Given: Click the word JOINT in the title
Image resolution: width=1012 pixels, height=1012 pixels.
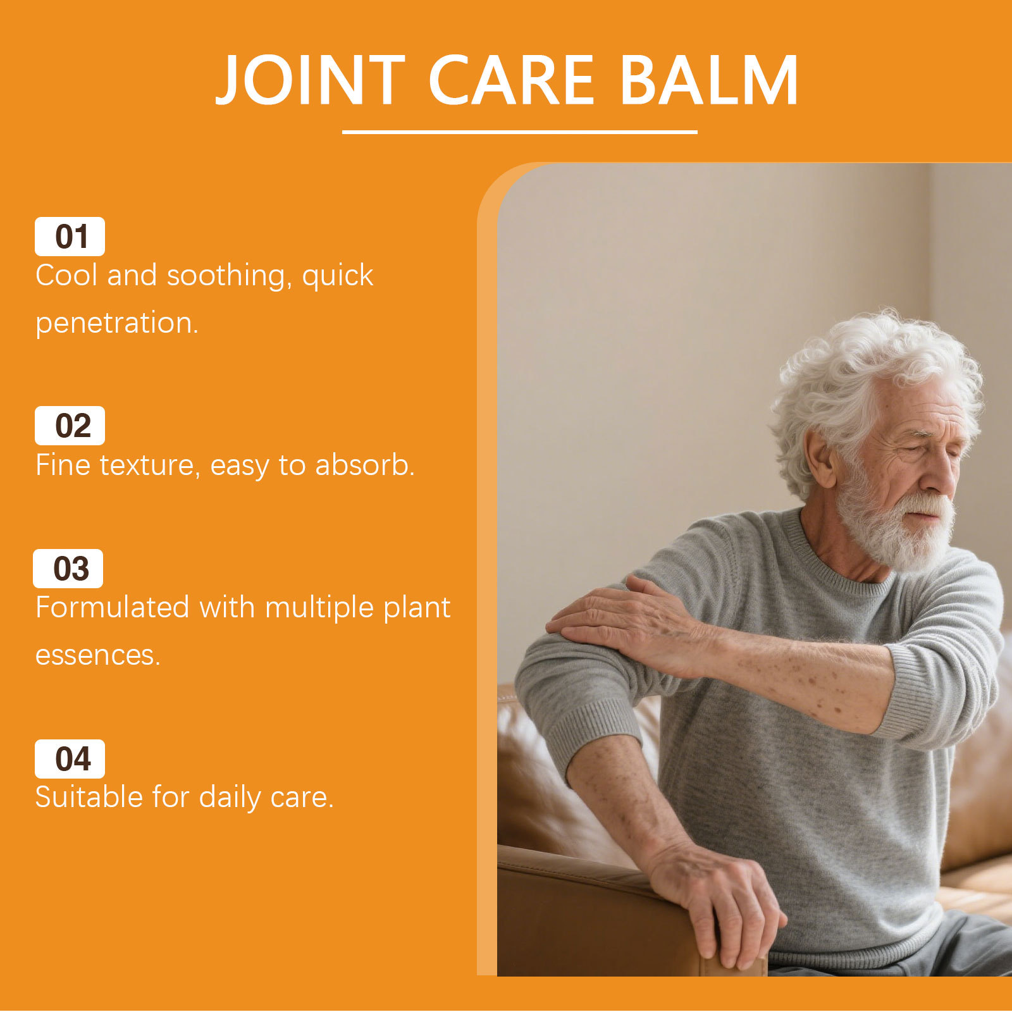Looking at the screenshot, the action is coord(310,80).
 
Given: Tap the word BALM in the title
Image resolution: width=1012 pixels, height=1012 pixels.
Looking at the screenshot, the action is coord(708,80).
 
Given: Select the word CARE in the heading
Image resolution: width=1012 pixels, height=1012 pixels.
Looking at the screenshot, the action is coord(512,80).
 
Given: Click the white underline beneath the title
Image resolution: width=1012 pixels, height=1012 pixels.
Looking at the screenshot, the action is coord(519,132).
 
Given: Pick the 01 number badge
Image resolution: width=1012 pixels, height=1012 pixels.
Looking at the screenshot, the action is coord(70,237).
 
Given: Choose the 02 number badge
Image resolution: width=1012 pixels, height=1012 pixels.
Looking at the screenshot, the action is coord(70,426).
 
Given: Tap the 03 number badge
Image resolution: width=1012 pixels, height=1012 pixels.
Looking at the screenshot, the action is coord(68,569).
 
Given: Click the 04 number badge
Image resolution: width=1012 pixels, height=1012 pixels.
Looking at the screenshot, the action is coord(70,759).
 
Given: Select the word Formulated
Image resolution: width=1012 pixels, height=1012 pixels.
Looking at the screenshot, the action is coord(113,608).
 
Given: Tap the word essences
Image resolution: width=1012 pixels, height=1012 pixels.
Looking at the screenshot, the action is coord(98,655).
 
